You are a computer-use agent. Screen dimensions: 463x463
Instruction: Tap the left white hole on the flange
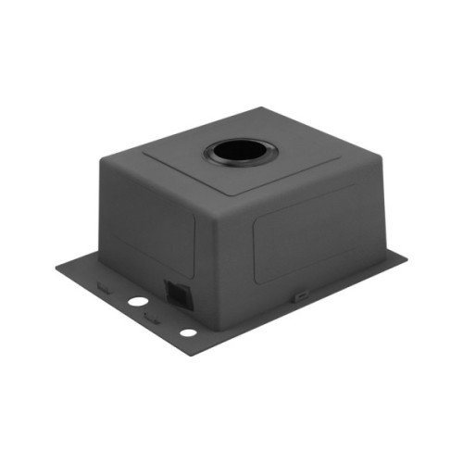pos(137,301)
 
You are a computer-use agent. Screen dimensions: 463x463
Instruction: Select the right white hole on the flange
pos(188,332)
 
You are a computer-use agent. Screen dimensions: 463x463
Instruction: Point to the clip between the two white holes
pos(154,319)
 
